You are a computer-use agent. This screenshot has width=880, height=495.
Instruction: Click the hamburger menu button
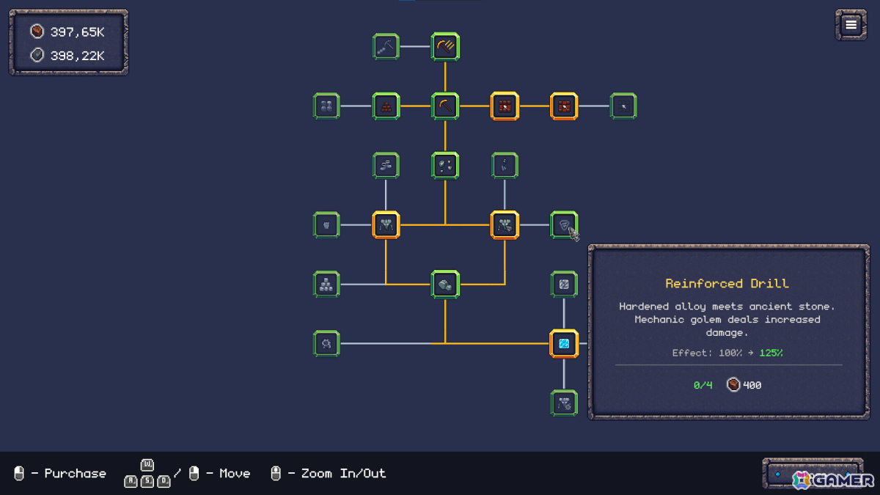tap(851, 25)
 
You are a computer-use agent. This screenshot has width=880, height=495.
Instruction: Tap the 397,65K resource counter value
tap(78, 32)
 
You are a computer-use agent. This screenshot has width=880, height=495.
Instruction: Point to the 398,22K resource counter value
tap(78, 56)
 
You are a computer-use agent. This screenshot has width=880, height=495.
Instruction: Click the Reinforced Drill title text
tap(727, 283)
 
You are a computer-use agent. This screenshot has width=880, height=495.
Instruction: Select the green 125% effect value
tap(771, 353)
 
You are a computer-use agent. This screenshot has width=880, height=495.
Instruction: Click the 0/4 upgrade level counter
tap(703, 385)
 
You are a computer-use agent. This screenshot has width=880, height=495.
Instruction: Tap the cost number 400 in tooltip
tap(752, 385)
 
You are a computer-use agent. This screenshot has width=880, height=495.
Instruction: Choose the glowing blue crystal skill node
tap(564, 344)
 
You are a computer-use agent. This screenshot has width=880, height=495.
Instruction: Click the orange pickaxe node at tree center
tap(445, 106)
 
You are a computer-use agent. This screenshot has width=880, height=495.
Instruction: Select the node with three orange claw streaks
tap(445, 47)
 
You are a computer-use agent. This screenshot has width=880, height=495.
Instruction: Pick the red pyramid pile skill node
tap(386, 106)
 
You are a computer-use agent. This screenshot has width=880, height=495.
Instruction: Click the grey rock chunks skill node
tap(445, 285)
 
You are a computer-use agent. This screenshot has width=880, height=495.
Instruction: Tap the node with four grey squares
tap(326, 106)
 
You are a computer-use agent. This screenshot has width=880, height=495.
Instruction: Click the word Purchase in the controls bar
tap(75, 474)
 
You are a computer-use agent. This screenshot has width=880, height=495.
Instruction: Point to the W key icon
tap(147, 465)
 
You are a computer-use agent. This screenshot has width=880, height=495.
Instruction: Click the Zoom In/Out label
tap(343, 474)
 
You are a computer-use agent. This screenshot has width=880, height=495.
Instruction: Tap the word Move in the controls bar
tap(235, 474)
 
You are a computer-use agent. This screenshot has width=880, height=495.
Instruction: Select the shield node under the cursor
tap(564, 224)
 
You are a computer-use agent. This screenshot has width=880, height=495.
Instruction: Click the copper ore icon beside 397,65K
tap(37, 32)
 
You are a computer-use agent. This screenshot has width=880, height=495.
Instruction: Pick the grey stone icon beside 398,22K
tap(37, 55)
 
